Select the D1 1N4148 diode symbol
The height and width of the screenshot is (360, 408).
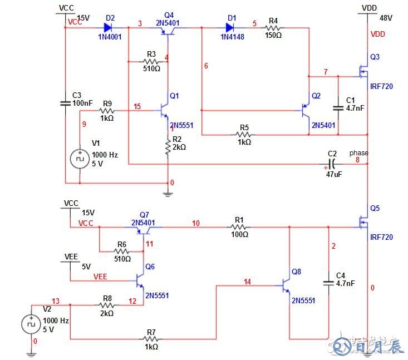point(230,26)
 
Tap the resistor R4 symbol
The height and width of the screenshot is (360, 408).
point(273,26)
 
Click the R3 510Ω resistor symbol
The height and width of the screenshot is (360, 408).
point(151,62)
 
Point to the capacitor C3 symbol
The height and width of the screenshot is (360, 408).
point(65,103)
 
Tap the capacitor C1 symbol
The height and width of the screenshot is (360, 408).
point(338,105)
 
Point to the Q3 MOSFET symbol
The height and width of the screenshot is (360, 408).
point(362,71)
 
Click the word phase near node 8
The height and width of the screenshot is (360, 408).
point(358,153)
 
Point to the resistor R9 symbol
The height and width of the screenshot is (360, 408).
point(107,111)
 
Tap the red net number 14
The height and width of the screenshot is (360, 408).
point(248,282)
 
